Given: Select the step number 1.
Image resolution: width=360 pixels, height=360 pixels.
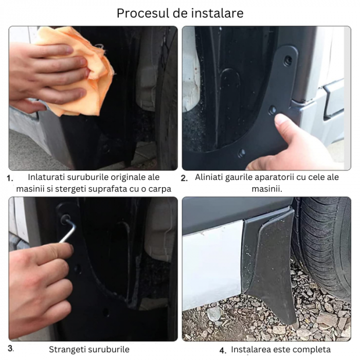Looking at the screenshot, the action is [9, 178].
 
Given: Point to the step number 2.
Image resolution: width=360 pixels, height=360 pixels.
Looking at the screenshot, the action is [184, 178].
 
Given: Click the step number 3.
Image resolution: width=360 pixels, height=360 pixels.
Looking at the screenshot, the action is [11, 349].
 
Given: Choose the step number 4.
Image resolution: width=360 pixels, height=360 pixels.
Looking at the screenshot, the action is [223, 351].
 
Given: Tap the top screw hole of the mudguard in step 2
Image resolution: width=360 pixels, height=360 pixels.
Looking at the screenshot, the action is [287, 61].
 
